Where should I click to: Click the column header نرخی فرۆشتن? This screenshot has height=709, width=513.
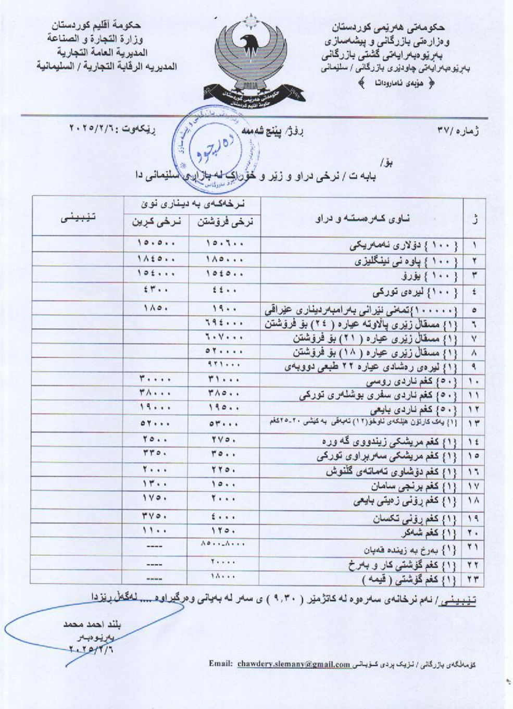[224, 222]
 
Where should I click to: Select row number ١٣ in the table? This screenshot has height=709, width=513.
[474, 424]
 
